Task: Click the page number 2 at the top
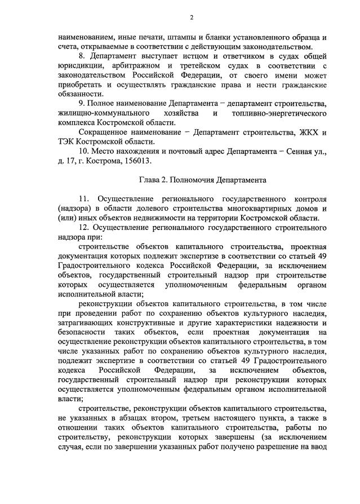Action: (192, 17)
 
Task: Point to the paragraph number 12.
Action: (84, 228)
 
